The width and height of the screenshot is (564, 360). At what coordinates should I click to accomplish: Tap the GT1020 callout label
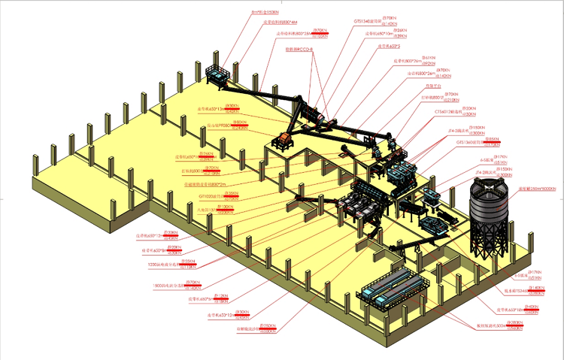pos(211,195)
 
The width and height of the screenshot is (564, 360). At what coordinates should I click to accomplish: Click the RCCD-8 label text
pos(299,50)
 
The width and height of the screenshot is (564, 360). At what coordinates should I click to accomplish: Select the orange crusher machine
pos(285,139)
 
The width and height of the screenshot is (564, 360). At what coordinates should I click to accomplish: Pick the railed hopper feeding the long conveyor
pos(218,74)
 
